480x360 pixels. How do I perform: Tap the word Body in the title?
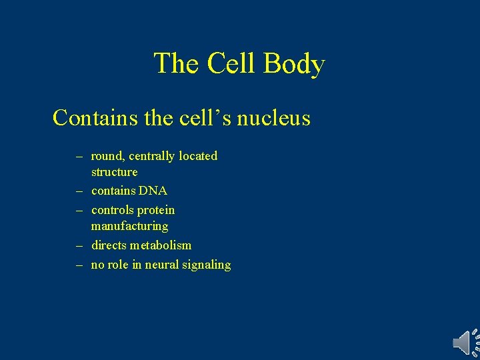[294, 64]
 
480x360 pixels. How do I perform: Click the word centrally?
[154, 156]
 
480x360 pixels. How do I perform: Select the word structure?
[115, 172]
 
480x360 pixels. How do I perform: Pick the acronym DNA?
[153, 191]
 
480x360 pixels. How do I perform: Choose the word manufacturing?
[129, 226]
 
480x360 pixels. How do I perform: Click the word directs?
[110, 245]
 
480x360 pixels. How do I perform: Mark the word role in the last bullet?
[119, 265]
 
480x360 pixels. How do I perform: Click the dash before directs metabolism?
[79, 245]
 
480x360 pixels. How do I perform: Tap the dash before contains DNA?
[79, 191]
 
